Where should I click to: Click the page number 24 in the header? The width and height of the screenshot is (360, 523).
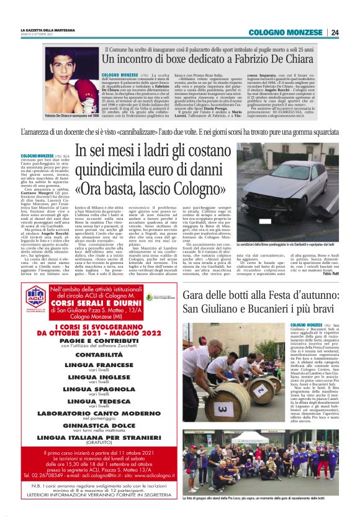click(x=335, y=32)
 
